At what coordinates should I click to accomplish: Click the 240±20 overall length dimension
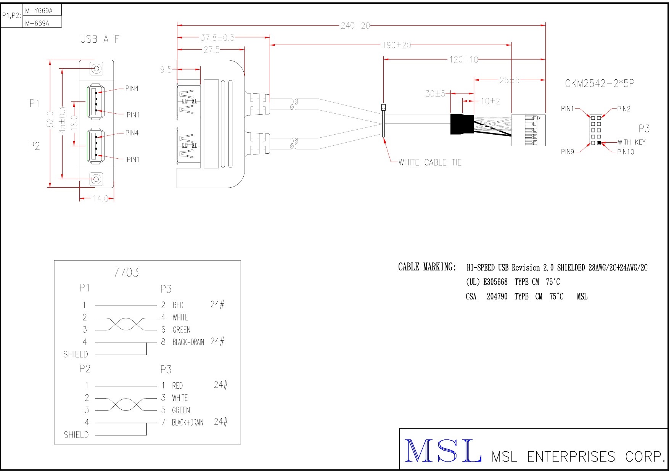pos(355,26)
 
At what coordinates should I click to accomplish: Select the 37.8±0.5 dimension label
pos(217,38)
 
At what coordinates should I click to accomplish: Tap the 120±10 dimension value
pos(463,60)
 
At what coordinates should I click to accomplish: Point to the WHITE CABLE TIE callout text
pos(429,162)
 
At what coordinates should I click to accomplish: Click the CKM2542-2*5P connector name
pos(600,84)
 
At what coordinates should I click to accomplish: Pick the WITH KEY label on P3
pos(632,142)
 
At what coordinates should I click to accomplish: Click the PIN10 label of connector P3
pos(626,152)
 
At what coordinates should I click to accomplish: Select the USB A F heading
pos(100,39)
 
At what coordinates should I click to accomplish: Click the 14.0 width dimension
pos(101,199)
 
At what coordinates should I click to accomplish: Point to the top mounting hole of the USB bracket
pos(96,69)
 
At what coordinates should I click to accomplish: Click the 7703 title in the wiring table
pos(126,272)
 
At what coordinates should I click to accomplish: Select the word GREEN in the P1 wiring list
pos(181,330)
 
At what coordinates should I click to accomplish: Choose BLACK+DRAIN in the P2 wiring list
pos(187,423)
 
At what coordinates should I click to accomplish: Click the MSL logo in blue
pos(442,451)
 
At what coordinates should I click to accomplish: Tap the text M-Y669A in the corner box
pos(39,11)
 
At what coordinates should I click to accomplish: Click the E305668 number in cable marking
pos(495,282)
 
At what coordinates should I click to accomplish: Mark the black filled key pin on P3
pos(599,143)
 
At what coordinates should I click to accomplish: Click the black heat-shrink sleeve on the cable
pos(462,124)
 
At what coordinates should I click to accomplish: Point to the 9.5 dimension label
pos(166,70)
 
